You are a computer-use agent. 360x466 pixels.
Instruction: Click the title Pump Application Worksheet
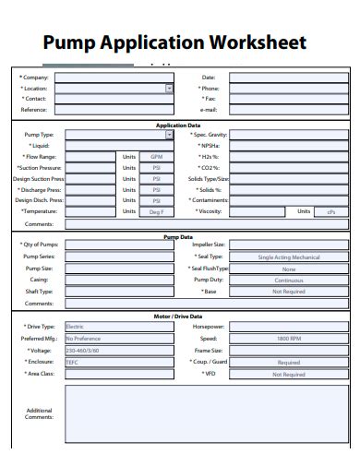tap(174, 42)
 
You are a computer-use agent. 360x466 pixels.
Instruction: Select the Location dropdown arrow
tap(169, 89)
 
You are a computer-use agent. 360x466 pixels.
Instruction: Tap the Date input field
tap(288, 78)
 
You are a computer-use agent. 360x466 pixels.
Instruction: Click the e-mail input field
tap(288, 110)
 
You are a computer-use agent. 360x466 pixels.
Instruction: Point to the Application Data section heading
tap(178, 124)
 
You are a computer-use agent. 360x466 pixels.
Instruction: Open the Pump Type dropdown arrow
tap(169, 135)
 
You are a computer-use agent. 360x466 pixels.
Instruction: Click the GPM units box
tap(156, 157)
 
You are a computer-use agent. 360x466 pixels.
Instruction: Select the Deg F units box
tap(156, 212)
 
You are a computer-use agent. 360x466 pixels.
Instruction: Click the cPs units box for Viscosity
tap(330, 212)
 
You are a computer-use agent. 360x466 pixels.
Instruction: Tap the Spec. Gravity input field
tap(288, 135)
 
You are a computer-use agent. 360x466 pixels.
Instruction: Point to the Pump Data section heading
tap(178, 236)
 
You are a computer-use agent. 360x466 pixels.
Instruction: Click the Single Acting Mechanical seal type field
tap(288, 257)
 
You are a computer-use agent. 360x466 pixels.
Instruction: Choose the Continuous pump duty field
tap(288, 280)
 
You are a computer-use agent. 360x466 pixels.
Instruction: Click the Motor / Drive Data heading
tap(178, 317)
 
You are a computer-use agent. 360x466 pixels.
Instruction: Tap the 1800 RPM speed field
tap(288, 339)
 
